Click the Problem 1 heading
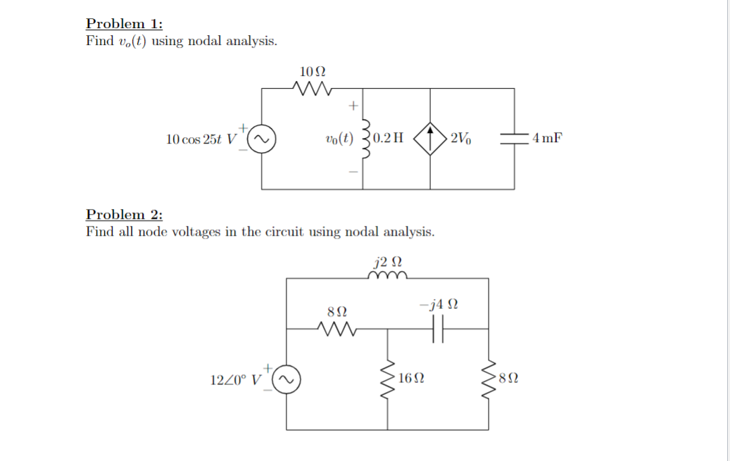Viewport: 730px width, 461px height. tap(125, 23)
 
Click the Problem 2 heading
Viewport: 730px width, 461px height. tap(125, 214)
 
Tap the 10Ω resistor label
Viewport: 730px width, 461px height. tap(313, 72)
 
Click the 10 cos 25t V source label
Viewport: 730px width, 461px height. tap(201, 139)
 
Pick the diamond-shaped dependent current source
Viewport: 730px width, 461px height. tap(430, 139)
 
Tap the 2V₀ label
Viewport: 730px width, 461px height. tap(461, 138)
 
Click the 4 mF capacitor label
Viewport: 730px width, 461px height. tap(547, 138)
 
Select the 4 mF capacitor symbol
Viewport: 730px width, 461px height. tap(514, 139)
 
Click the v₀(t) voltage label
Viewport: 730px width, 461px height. tap(339, 139)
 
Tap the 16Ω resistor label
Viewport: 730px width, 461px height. tap(411, 379)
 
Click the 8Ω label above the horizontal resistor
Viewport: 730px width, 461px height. tap(337, 310)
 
